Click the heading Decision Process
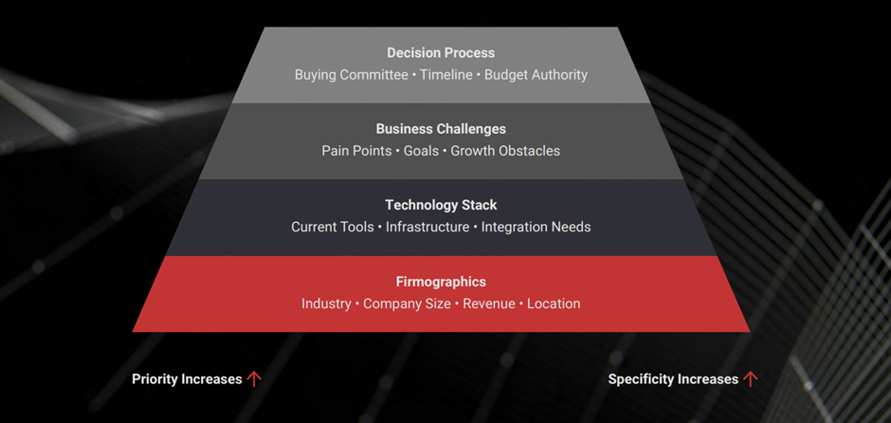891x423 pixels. pyautogui.click(x=441, y=53)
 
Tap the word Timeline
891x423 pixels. pyautogui.click(x=445, y=75)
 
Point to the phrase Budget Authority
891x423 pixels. pyautogui.click(x=536, y=75)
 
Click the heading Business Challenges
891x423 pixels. pyautogui.click(x=441, y=129)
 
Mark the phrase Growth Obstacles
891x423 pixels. pyautogui.click(x=505, y=151)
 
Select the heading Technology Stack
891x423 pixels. pyautogui.click(x=441, y=205)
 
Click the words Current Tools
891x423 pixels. pyautogui.click(x=332, y=228)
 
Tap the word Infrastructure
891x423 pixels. pyautogui.click(x=427, y=228)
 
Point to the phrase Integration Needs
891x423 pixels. pyautogui.click(x=536, y=228)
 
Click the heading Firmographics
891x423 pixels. pyautogui.click(x=441, y=282)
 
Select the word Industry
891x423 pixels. pyautogui.click(x=326, y=304)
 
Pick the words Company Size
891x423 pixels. pyautogui.click(x=407, y=304)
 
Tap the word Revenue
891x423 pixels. pyautogui.click(x=488, y=304)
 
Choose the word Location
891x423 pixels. pyautogui.click(x=554, y=304)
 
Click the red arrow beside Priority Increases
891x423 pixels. pyautogui.click(x=254, y=379)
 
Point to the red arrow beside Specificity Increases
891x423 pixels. pyautogui.click(x=751, y=379)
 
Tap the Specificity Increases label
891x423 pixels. pyautogui.click(x=673, y=379)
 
